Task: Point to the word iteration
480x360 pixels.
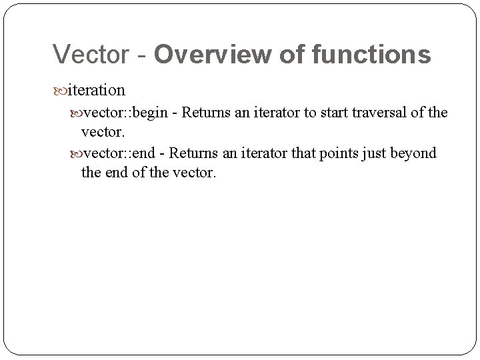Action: [x=96, y=89]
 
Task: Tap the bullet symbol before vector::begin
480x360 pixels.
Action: [x=76, y=113]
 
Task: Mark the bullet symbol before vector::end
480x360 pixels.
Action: [x=76, y=154]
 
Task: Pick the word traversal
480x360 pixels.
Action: [x=377, y=112]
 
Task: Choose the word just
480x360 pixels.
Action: [x=374, y=153]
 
